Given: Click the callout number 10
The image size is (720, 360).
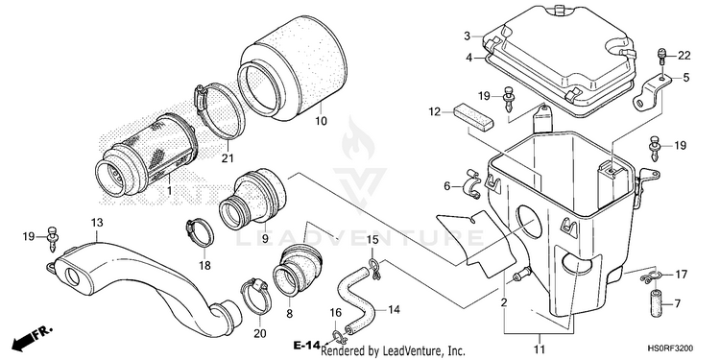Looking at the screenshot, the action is [321, 121].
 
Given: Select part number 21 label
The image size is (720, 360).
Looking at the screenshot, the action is [228, 158].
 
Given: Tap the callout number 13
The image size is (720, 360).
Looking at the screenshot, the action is [97, 223].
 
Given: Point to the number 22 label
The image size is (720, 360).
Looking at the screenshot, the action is [684, 56].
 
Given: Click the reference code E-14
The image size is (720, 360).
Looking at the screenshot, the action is [307, 346].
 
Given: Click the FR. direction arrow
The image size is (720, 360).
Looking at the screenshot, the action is [32, 339].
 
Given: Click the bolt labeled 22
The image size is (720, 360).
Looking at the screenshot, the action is [661, 55].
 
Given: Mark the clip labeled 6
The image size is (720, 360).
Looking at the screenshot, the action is [472, 184].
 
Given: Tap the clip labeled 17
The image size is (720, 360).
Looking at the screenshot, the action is [650, 276].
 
